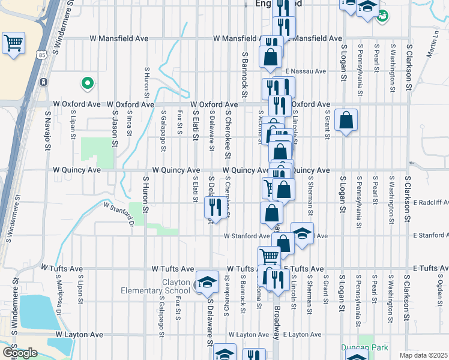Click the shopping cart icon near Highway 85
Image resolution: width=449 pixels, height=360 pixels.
point(13,43)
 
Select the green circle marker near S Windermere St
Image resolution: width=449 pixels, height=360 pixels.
point(87,83)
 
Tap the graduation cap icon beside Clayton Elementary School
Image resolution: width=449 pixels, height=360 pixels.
point(206,282)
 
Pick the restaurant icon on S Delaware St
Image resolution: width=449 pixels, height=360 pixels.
point(214,207)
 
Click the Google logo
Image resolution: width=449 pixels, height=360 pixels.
point(19,353)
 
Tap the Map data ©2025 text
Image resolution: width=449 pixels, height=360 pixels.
point(423,355)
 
